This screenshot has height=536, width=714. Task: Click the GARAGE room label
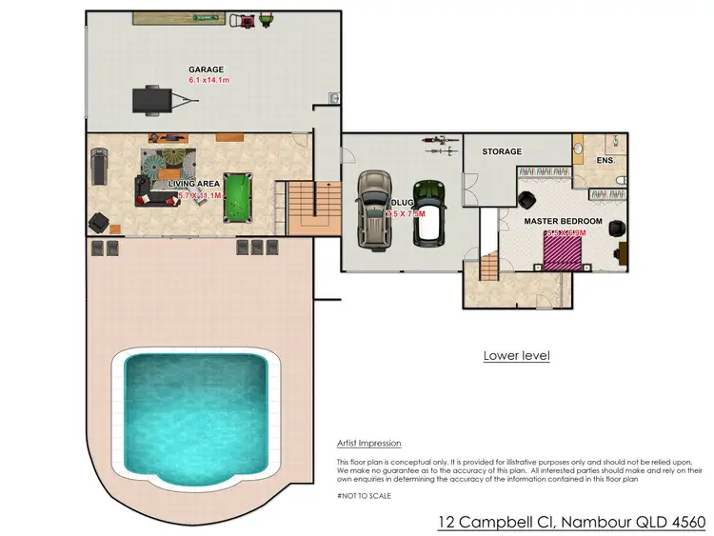point(206,69)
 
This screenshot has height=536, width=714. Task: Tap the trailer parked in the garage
point(150,98)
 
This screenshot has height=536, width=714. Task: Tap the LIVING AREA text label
point(194,183)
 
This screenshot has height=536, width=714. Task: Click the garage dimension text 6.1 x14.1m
point(209,82)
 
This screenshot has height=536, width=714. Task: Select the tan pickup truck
point(373,208)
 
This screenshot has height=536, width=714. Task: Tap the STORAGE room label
point(502,151)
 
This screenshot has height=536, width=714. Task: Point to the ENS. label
point(606,161)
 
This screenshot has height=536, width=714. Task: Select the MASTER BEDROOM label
point(563,221)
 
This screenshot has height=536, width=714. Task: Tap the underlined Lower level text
point(516,356)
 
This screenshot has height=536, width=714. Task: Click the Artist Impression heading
point(368,444)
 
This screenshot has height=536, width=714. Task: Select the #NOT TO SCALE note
point(364,495)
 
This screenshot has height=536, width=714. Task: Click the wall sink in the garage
point(332,99)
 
